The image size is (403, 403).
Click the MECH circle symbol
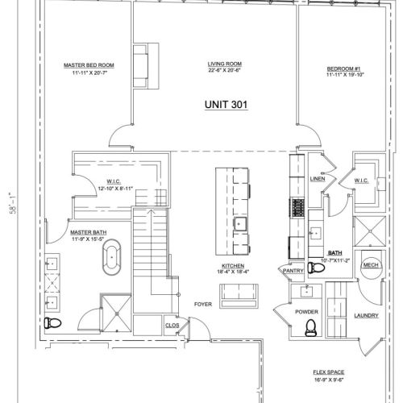pos(371,265)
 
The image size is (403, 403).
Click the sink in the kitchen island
pos(239,223)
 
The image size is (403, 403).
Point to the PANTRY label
pos(292,272)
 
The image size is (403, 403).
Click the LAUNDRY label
pos(365,315)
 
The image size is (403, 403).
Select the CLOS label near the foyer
pos(171,326)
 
